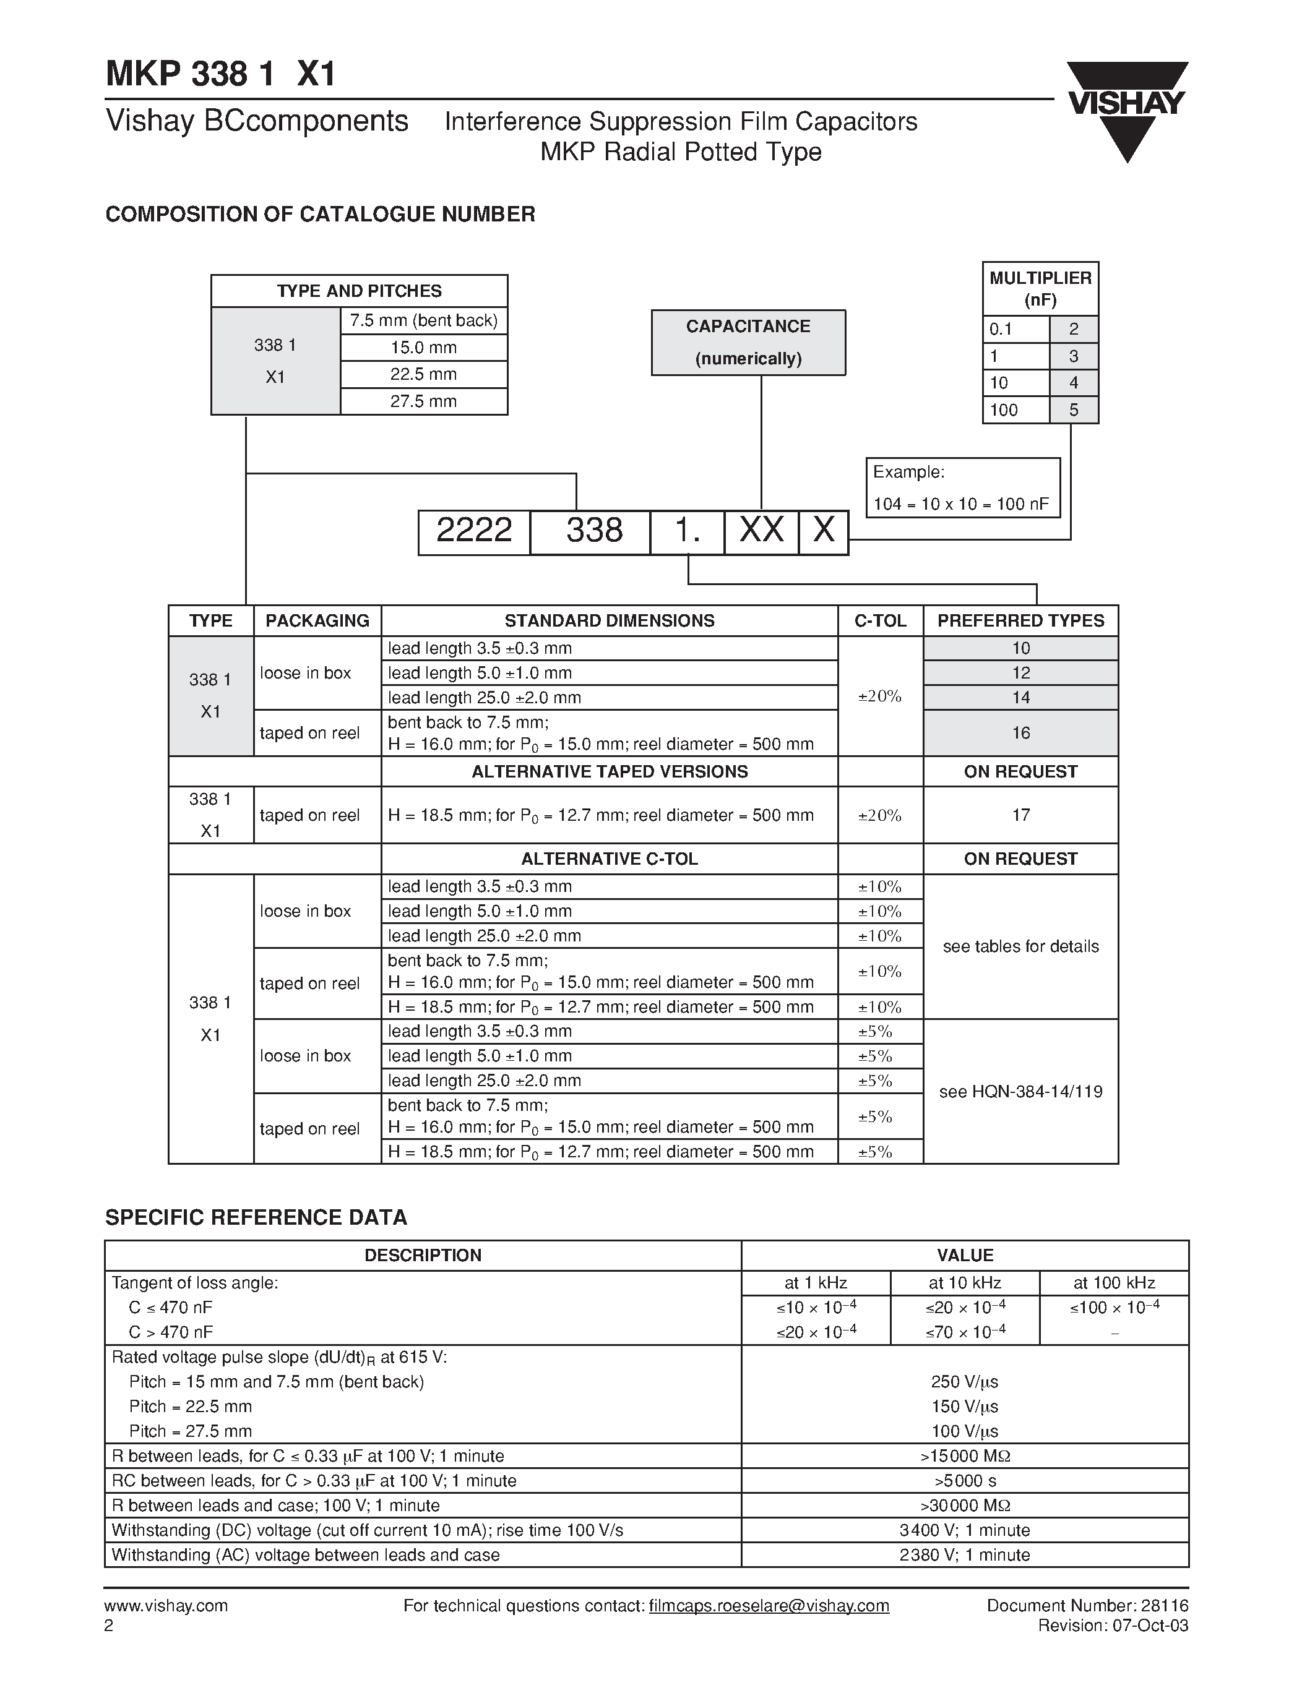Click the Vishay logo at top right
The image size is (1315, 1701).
[x=1126, y=109]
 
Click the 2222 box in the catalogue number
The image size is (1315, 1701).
[x=473, y=533]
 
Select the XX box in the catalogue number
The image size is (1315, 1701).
[x=761, y=533]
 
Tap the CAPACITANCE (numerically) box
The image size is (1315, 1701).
[x=748, y=343]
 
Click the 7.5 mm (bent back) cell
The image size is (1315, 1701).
[x=424, y=321]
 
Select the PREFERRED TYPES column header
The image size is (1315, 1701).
[x=1020, y=621]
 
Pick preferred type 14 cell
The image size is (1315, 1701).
[x=1020, y=698]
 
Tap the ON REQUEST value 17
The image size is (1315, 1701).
[x=1020, y=815]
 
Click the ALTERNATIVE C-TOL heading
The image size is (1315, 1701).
[x=609, y=859]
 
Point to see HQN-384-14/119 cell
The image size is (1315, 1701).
[x=1020, y=1092]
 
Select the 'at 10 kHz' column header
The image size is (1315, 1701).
[x=965, y=1283]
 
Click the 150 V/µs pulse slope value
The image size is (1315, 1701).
[x=965, y=1407]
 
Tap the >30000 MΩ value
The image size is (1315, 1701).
[x=965, y=1506]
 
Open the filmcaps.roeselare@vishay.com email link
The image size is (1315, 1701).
[x=769, y=1606]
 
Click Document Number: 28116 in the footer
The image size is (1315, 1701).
[x=1087, y=1605]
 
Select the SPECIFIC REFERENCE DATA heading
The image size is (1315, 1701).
[x=256, y=1217]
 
